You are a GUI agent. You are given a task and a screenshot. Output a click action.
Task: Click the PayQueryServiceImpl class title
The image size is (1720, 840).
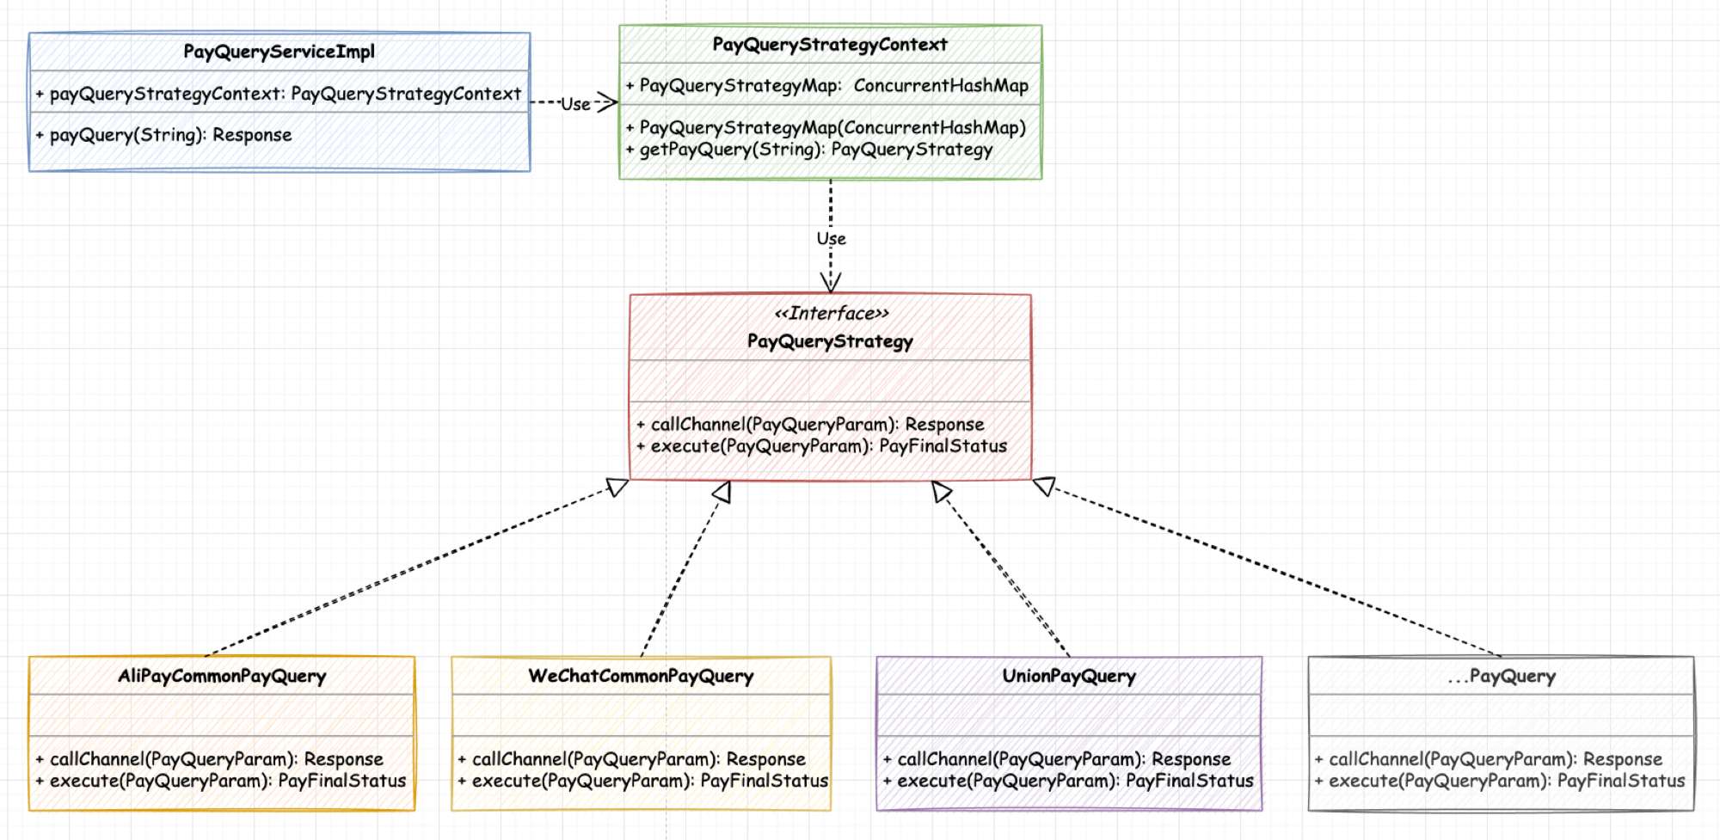[x=279, y=52]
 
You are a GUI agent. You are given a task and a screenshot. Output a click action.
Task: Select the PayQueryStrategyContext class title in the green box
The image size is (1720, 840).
[x=830, y=45]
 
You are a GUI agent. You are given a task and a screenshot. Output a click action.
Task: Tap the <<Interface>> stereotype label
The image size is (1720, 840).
[x=832, y=313]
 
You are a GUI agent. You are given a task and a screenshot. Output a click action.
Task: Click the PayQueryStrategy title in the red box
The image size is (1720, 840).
[x=830, y=341]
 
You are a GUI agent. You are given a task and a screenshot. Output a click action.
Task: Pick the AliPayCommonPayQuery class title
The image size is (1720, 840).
[x=222, y=677]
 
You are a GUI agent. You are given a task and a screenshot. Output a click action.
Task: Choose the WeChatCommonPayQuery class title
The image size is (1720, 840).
[x=641, y=677]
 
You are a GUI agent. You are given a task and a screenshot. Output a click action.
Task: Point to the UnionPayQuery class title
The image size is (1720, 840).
[x=1069, y=677]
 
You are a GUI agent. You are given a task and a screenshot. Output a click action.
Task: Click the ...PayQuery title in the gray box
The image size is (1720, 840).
[x=1502, y=677]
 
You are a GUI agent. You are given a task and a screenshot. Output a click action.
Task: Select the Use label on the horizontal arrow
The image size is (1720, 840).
[x=575, y=104]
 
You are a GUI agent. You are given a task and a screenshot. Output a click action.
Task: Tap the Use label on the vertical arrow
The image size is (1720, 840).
[x=832, y=238]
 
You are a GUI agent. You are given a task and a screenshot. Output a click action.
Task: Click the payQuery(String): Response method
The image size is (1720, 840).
[x=170, y=135]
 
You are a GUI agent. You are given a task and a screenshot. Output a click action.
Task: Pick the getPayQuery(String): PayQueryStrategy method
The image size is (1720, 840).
[x=815, y=150]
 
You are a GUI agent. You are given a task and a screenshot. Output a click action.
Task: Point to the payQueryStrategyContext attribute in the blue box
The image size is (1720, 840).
[x=278, y=94]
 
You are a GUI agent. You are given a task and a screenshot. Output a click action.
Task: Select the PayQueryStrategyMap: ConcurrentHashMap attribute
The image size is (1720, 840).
[x=826, y=86]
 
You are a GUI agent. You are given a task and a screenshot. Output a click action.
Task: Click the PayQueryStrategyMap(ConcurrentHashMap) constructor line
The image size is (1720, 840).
[x=826, y=128]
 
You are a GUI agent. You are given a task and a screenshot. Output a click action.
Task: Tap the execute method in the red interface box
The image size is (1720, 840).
[x=821, y=446]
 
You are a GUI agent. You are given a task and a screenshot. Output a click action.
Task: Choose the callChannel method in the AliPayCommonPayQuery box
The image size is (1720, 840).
[x=209, y=759]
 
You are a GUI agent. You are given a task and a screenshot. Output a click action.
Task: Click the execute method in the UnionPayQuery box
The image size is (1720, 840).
[x=1068, y=781]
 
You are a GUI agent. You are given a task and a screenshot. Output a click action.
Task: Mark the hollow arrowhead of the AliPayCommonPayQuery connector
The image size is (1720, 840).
[x=617, y=487]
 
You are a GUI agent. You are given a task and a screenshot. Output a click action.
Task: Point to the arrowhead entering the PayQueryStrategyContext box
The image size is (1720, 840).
[x=607, y=103]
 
